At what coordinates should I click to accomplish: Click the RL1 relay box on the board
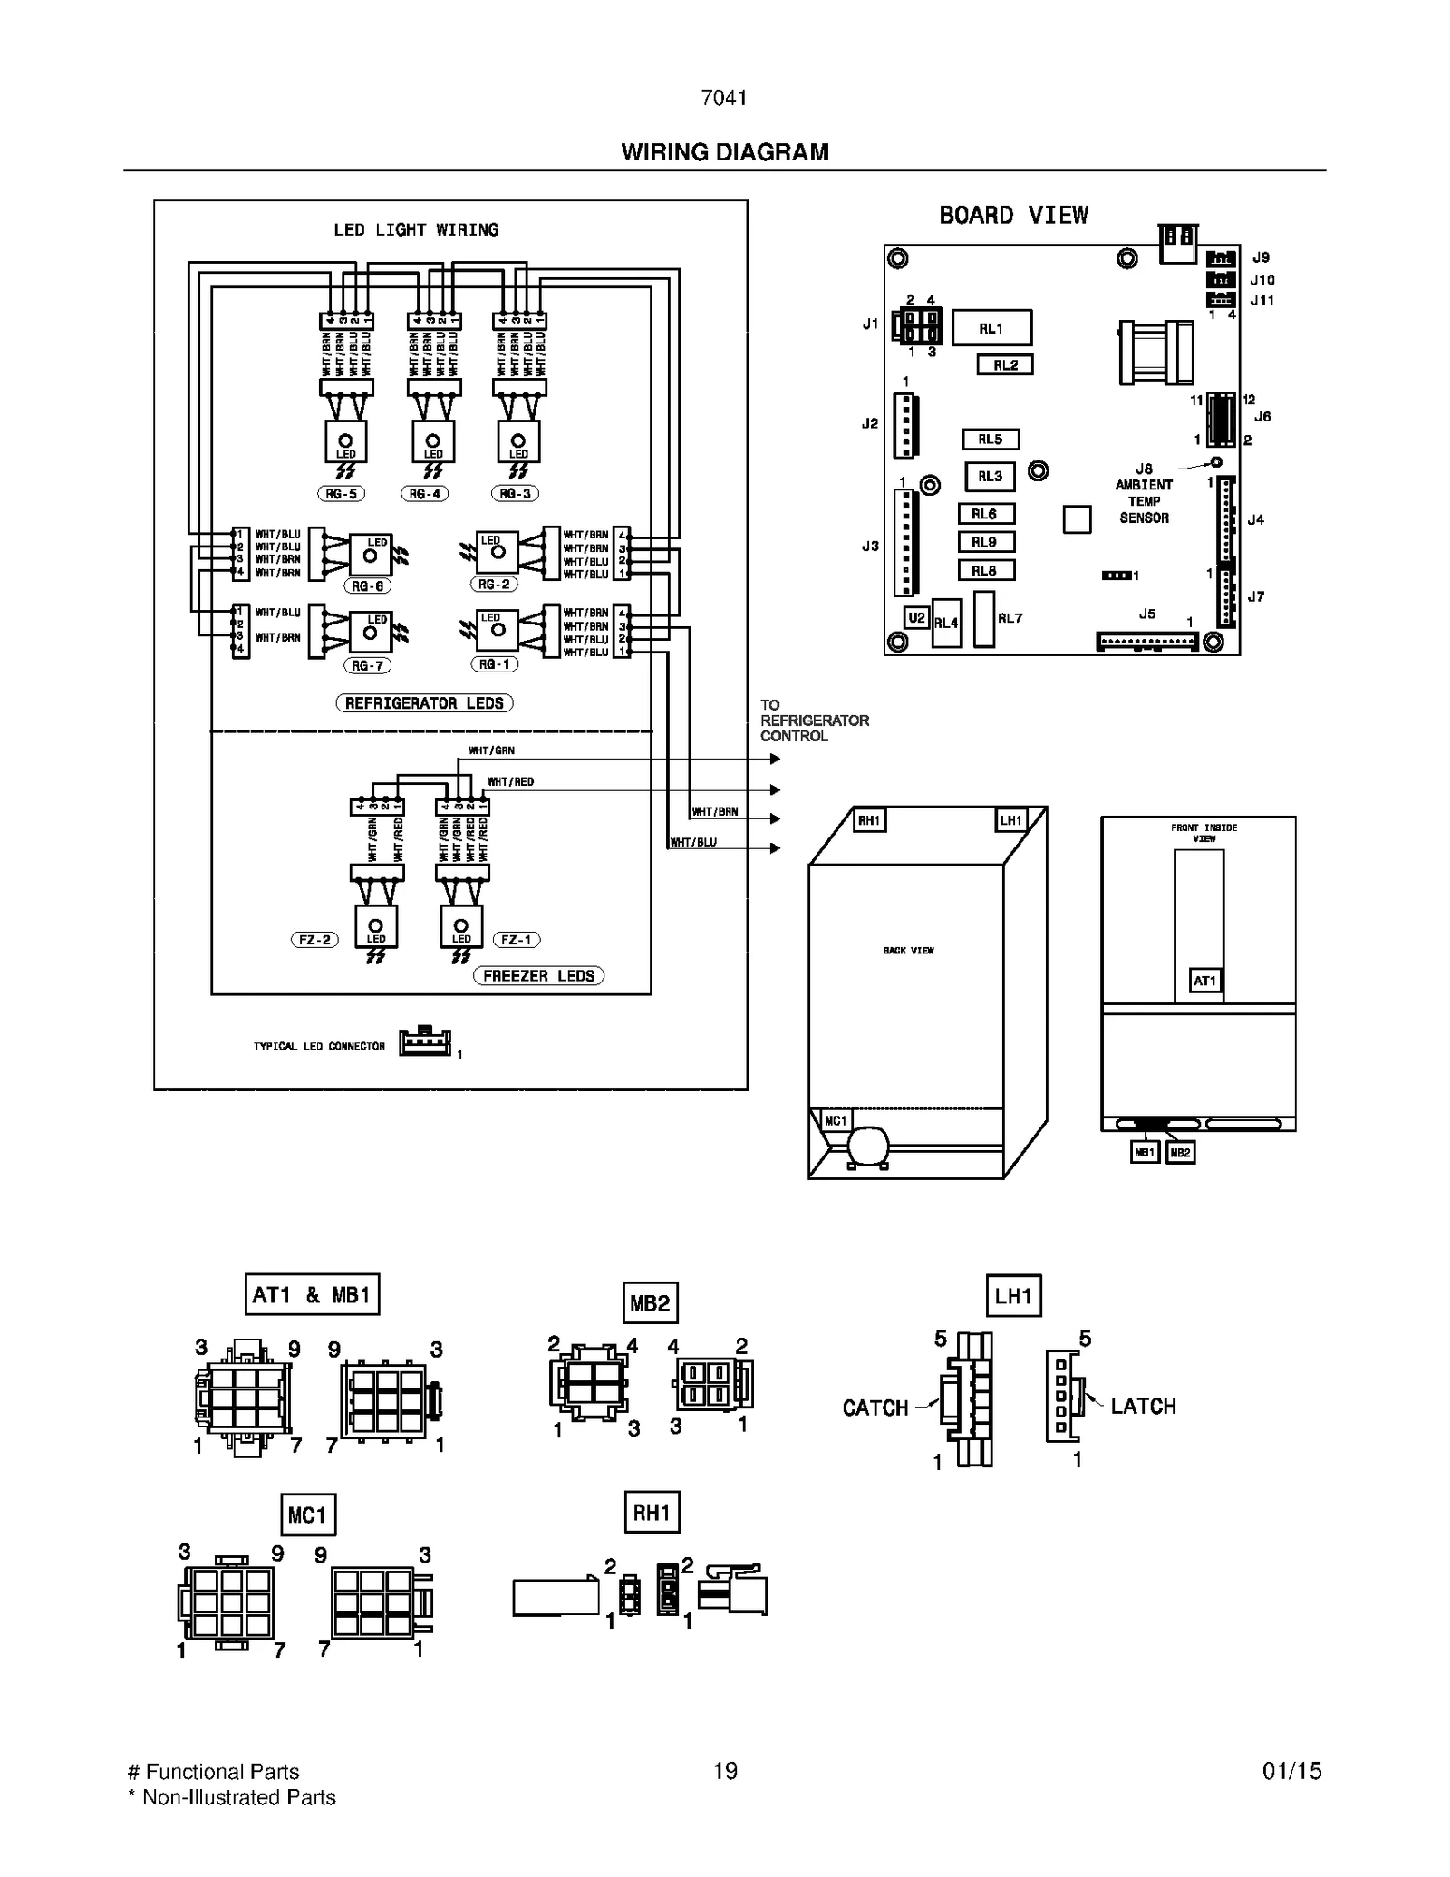[x=991, y=328]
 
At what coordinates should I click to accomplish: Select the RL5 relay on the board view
[x=990, y=440]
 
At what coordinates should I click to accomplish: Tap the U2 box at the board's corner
[x=916, y=618]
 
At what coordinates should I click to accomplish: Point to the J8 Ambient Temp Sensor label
[x=1144, y=493]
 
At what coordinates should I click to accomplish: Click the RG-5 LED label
[x=341, y=494]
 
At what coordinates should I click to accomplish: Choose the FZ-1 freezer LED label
[x=516, y=940]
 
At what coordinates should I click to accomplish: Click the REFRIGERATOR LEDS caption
[x=424, y=703]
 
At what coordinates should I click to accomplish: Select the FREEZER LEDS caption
[x=538, y=976]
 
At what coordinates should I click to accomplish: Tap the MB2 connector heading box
[x=650, y=1303]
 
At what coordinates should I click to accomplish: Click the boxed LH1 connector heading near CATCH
[x=1013, y=1296]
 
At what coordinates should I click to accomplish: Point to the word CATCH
[x=875, y=1408]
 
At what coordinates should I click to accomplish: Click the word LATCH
[x=1143, y=1407]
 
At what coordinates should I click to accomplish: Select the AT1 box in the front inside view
[x=1204, y=981]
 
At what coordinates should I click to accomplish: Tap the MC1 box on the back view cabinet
[x=835, y=1121]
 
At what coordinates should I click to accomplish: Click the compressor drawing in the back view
[x=868, y=1146]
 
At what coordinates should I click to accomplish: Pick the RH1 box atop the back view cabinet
[x=868, y=820]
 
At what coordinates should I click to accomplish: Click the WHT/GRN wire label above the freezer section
[x=491, y=750]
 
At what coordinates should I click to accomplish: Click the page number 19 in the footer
[x=725, y=1771]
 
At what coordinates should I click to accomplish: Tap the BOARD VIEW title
[x=1013, y=216]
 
